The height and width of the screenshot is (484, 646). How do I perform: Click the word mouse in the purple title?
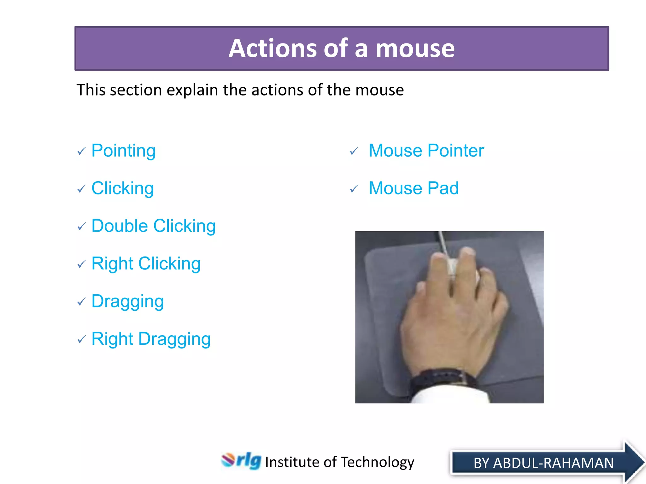coord(415,49)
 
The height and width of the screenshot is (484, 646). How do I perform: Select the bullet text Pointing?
coord(123,151)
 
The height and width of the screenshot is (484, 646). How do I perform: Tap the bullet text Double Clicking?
coord(153,226)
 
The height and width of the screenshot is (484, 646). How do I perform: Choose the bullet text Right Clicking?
coord(146,263)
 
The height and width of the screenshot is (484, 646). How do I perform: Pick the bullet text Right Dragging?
coord(151,339)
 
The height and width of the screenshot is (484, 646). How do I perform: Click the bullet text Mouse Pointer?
coord(426,151)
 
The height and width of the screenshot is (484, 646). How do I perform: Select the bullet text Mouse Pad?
coord(413,188)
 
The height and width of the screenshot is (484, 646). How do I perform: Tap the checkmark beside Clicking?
coord(81,189)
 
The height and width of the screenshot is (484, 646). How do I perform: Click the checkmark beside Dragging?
coord(81,302)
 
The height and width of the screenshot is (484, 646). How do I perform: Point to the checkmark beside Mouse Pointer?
coord(354,152)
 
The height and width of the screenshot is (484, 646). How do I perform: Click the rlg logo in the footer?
coord(241,461)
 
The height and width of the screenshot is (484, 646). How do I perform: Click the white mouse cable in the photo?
coord(443,242)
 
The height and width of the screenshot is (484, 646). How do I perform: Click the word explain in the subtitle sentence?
coord(192,90)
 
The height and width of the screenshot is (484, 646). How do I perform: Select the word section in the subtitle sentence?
coord(136,90)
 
